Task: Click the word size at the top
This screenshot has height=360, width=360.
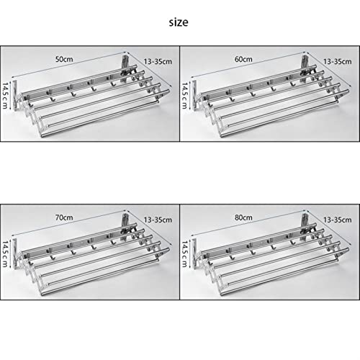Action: [179, 22]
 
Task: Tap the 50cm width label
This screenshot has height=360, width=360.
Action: [64, 59]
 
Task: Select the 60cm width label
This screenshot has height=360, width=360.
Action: [243, 59]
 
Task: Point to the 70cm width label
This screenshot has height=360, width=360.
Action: [64, 217]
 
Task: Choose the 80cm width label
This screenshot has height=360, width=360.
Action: [243, 217]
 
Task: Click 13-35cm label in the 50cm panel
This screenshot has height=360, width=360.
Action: [158, 61]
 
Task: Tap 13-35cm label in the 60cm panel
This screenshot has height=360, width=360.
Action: [338, 61]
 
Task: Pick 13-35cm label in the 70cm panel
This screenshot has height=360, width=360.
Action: [158, 220]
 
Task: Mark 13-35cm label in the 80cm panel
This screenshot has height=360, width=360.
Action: [338, 220]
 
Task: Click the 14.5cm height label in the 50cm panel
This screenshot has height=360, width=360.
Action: [5, 96]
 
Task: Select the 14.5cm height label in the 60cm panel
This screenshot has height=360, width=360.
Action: [184, 96]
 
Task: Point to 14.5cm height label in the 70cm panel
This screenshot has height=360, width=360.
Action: [5, 254]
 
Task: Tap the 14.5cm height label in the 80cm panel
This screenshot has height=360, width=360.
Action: [184, 254]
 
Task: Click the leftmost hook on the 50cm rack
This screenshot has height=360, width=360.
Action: [53, 99]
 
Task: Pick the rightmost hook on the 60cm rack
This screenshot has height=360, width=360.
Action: [292, 84]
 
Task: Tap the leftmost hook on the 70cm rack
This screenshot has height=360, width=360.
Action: [53, 257]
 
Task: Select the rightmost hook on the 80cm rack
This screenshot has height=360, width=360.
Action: [292, 242]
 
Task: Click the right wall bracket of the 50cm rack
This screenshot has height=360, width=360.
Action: [125, 65]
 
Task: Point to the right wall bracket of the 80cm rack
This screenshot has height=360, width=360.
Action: [305, 223]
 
